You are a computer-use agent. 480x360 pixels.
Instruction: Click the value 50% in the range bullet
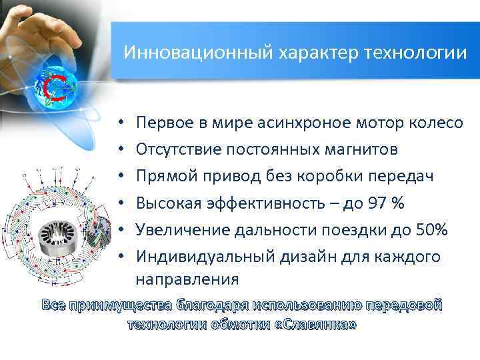click(x=431, y=230)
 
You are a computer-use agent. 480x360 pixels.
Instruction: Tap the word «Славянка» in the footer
click(x=319, y=324)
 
